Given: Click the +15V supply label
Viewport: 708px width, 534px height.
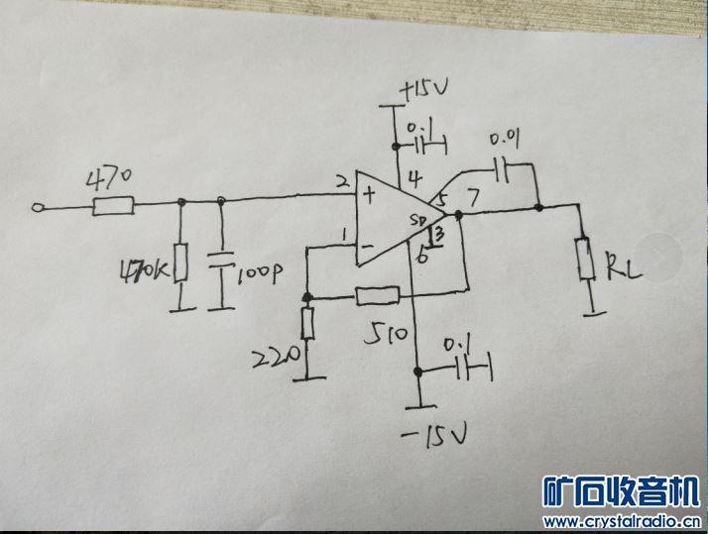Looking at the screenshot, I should pos(424,91).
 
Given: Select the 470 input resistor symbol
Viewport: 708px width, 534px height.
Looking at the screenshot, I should pos(114,206).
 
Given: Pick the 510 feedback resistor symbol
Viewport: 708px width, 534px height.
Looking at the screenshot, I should pos(377,294).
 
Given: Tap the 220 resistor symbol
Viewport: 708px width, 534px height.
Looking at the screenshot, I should pos(307,323).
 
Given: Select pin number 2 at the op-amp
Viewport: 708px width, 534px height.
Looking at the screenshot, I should pos(341,183).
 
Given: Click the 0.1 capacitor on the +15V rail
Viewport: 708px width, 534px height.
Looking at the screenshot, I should pos(430,146).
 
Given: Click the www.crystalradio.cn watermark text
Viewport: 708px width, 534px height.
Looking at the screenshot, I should pos(623,521).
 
